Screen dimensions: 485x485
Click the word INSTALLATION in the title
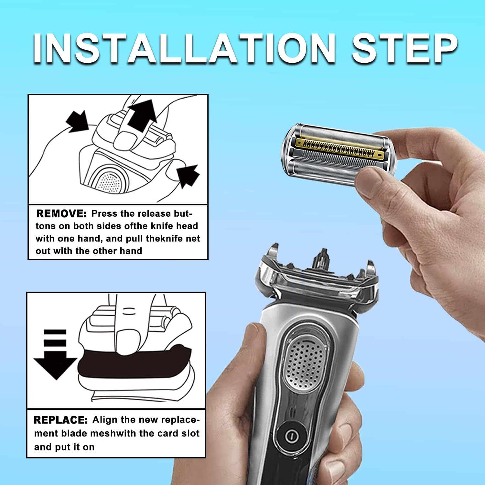click(184, 48)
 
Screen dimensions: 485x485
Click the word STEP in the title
click(404, 48)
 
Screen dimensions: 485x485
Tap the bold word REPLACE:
click(61, 420)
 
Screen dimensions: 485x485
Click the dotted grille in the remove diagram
click(108, 183)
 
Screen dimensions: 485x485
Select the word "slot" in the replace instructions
click(190, 434)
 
